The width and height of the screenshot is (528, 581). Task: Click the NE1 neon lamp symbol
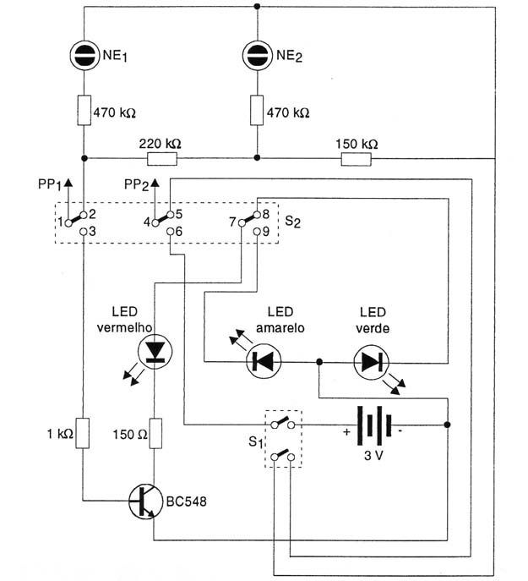(x=84, y=56)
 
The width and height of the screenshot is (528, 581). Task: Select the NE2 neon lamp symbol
(x=258, y=56)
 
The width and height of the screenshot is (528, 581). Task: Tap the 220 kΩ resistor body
(x=162, y=159)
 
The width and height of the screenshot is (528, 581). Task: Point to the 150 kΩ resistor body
(x=356, y=159)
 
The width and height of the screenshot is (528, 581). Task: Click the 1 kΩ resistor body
(x=83, y=433)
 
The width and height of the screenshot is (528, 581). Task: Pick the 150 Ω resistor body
(x=155, y=433)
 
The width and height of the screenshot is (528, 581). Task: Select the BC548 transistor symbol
(x=146, y=501)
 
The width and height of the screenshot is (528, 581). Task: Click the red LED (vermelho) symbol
(x=155, y=351)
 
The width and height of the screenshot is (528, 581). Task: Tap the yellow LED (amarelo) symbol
(x=264, y=361)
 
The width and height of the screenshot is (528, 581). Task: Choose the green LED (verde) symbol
(x=371, y=362)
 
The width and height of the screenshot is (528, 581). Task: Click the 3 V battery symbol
(x=374, y=425)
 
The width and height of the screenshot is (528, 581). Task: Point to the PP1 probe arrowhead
(x=68, y=182)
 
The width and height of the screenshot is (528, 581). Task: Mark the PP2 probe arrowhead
(x=155, y=182)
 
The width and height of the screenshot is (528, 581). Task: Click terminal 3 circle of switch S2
(x=84, y=232)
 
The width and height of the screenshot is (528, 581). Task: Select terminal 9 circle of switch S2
(x=257, y=232)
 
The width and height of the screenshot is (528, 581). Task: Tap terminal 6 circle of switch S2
(x=170, y=232)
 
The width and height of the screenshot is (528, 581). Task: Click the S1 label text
(x=255, y=442)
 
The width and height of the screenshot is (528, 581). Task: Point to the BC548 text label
(x=186, y=502)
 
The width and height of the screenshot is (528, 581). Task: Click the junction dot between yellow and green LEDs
(x=319, y=362)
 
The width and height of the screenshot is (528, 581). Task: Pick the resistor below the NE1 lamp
(x=84, y=110)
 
